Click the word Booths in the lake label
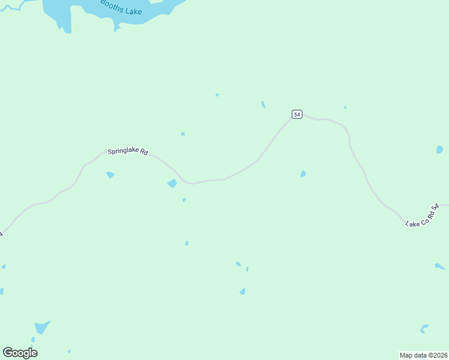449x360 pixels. coord(111,5)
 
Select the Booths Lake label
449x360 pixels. coord(121,8)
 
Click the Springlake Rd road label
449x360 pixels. coord(127,152)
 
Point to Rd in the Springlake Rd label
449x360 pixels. coord(143,152)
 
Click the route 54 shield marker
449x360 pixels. coord(297,114)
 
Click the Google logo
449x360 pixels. coord(20,353)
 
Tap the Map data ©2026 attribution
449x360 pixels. coord(424,355)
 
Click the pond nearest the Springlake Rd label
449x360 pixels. coord(110,175)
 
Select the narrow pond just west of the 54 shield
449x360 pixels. coord(263,104)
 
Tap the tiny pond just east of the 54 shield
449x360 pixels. coord(345,107)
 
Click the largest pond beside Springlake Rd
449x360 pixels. coord(172,183)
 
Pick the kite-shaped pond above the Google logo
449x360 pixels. coord(41,327)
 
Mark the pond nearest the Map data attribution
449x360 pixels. coord(424,328)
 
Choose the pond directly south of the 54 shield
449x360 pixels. coord(303,174)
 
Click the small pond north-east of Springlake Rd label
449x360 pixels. coord(182,134)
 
